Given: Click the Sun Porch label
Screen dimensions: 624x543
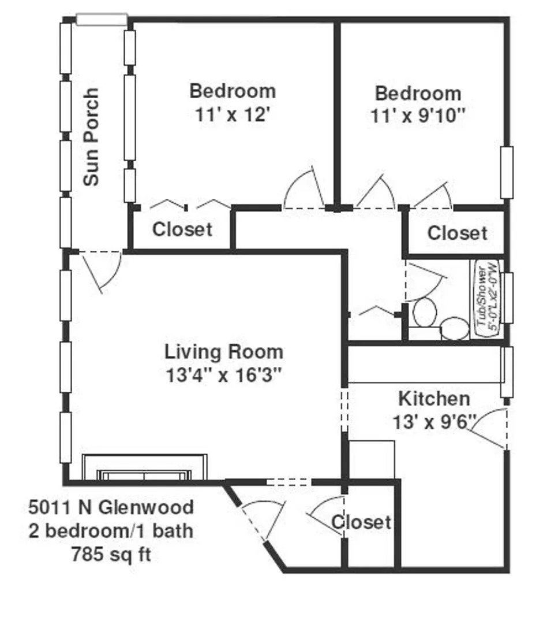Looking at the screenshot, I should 91,137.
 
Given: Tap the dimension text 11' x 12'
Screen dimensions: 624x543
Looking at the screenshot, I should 233,114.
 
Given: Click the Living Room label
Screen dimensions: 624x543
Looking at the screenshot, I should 224,351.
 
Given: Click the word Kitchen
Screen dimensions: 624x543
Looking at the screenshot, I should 434,398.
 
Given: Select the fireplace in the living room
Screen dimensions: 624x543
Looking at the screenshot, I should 144,469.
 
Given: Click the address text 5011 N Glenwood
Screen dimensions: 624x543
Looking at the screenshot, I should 111,508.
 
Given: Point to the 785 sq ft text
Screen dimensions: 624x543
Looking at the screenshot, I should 111,555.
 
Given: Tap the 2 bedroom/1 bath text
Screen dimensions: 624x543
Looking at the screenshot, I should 111,532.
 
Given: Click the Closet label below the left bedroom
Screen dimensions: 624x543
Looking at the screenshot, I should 182,229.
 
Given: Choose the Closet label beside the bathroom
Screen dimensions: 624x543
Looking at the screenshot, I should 457,233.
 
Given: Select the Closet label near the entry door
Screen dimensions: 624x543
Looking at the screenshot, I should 361,522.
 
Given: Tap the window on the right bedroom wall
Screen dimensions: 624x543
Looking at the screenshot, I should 507,173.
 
